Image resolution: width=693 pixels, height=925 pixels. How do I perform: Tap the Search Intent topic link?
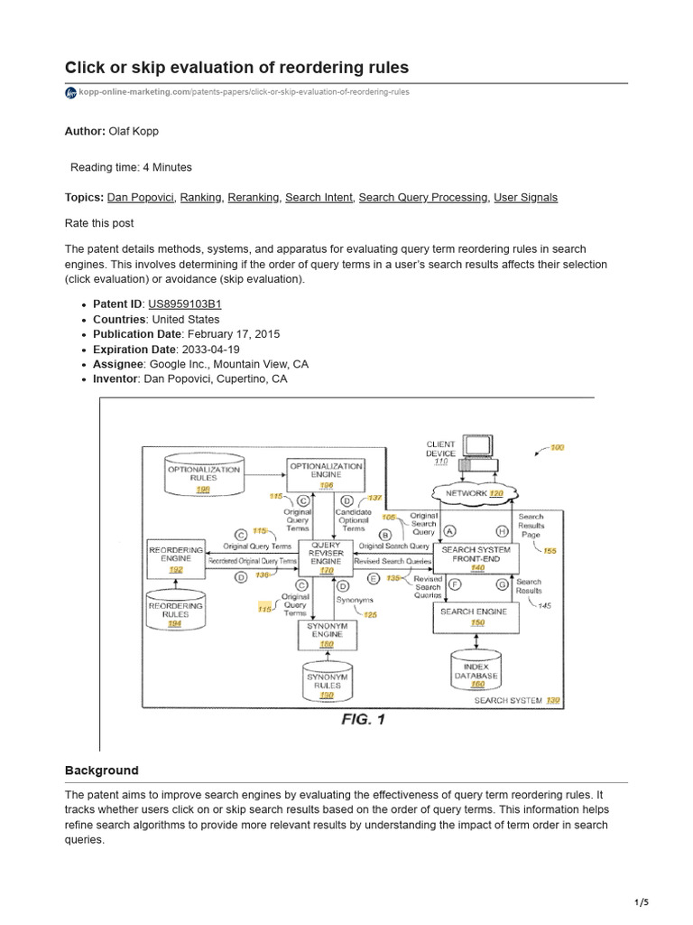pos(319,197)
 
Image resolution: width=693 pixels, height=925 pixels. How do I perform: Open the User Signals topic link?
pos(525,197)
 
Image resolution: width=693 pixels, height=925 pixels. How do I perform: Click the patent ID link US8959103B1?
pos(184,304)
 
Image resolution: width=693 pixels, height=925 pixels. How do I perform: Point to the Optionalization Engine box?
pos(325,476)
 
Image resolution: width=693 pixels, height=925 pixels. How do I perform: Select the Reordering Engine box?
pos(176,557)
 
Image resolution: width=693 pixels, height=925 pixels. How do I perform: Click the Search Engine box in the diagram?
pos(475,617)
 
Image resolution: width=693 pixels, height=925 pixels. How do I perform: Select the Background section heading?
pos(102,771)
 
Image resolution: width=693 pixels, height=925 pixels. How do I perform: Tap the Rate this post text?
pos(99,223)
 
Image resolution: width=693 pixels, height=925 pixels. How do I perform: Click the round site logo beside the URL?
pos(71,93)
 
